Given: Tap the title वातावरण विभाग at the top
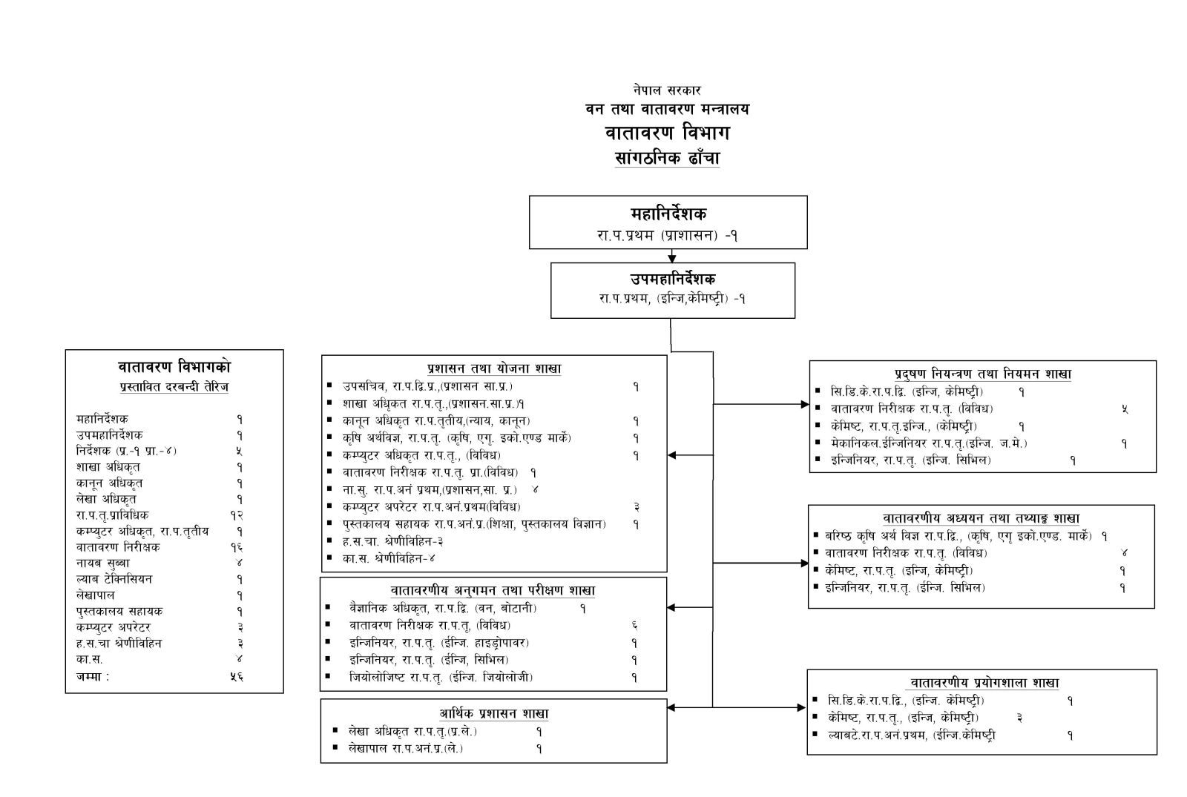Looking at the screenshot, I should (667, 133).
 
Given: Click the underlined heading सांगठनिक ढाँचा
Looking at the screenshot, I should (667, 158).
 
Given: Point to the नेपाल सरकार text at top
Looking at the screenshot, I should (667, 90).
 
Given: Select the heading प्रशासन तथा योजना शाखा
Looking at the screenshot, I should (493, 368).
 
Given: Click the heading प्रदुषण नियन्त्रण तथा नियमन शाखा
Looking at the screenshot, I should (982, 374).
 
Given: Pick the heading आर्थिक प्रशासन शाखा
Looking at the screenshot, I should (493, 714).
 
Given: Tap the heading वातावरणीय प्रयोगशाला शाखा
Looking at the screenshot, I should (982, 683).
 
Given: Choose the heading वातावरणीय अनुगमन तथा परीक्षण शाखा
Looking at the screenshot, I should (493, 591).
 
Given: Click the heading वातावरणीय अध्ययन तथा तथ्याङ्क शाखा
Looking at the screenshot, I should (981, 518).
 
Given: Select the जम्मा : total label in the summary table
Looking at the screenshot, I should (93, 676).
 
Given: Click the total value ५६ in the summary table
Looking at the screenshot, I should (237, 676).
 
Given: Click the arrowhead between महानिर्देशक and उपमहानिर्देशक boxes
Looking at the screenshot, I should (671, 258).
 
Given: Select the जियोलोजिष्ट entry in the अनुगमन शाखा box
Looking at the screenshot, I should (441, 677).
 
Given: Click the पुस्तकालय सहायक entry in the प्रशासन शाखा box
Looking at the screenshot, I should (475, 524).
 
